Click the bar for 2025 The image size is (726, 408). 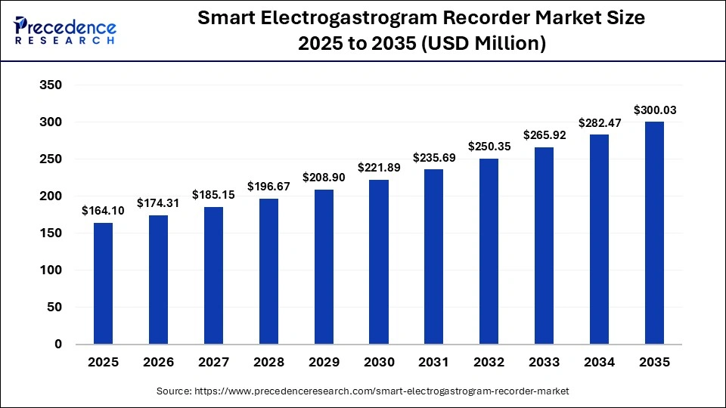click(x=103, y=283)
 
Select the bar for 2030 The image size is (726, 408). click(x=379, y=261)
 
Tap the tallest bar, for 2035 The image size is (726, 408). click(x=654, y=233)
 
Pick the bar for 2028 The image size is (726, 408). click(x=268, y=271)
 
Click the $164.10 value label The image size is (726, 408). click(x=103, y=211)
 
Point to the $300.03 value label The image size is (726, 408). click(x=655, y=110)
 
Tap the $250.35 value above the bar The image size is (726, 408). click(x=489, y=147)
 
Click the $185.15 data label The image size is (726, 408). click(x=213, y=195)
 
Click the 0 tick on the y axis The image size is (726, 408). click(x=58, y=345)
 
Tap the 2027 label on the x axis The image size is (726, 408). click(x=213, y=363)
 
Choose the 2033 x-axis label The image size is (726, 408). click(x=544, y=363)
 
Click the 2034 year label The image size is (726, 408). click(x=600, y=363)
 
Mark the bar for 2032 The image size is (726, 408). click(x=489, y=251)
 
